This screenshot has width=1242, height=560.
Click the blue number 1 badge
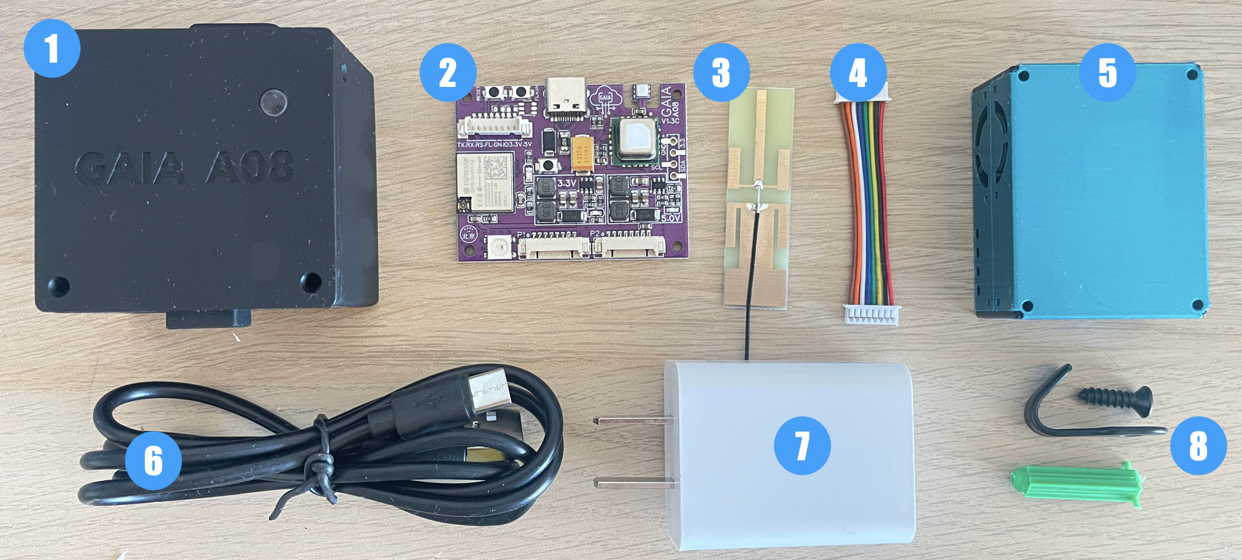pyautogui.click(x=52, y=49)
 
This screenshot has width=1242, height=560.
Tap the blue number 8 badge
pyautogui.click(x=1198, y=446)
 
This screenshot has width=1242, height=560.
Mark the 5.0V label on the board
pyautogui.click(x=670, y=218)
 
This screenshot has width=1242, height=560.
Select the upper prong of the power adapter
pyautogui.click(x=632, y=421)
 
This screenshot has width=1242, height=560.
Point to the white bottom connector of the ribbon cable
pyautogui.click(x=872, y=314)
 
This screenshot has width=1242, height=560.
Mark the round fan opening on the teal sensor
pyautogui.click(x=985, y=153)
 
